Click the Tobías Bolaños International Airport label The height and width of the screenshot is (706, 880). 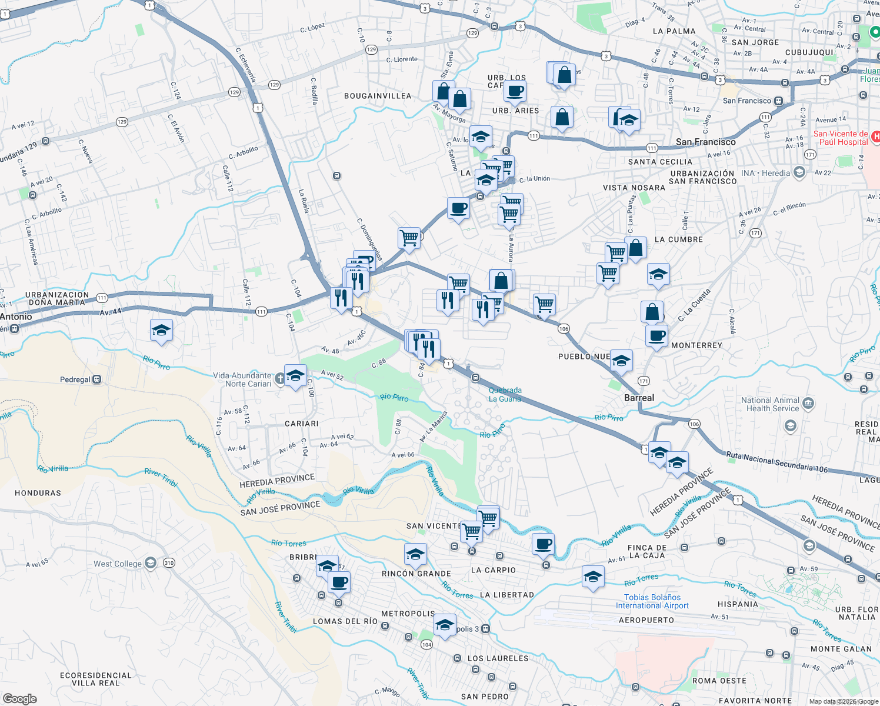(652, 601)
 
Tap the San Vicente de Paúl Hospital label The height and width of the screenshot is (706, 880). (843, 138)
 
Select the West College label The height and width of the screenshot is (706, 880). (118, 564)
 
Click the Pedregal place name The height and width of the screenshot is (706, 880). (75, 379)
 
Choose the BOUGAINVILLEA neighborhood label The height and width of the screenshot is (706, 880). (378, 96)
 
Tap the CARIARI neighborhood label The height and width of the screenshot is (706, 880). (302, 424)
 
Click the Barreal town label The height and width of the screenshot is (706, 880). (639, 398)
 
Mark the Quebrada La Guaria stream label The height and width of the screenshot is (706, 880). (505, 394)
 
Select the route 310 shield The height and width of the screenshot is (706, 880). (169, 563)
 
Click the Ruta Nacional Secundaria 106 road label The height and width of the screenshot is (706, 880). (776, 462)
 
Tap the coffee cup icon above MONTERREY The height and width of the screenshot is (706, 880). (656, 336)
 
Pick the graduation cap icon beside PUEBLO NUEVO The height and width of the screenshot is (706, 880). (621, 361)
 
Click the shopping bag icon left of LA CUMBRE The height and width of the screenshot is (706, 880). (636, 247)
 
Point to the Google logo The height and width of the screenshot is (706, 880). (20, 698)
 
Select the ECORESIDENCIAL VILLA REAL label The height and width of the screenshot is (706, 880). (95, 679)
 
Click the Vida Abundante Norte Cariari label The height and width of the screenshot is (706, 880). (242, 379)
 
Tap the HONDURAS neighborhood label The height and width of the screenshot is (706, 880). (38, 493)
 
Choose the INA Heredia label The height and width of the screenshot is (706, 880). (766, 173)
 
